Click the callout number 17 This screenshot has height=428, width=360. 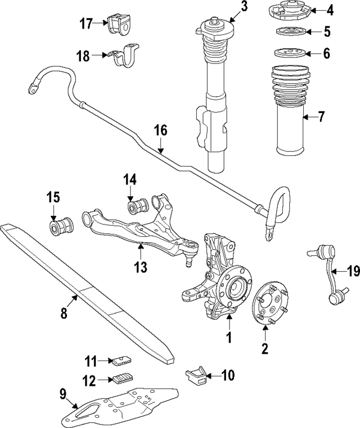pyautogui.click(x=85, y=23)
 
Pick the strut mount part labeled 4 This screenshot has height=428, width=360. pyautogui.click(x=290, y=11)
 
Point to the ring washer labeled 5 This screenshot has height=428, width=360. pyautogui.click(x=290, y=31)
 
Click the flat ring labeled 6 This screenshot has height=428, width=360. pyautogui.click(x=290, y=53)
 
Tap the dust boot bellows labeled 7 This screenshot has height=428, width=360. pyautogui.click(x=291, y=112)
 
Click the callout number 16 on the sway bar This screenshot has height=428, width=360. pyautogui.click(x=160, y=131)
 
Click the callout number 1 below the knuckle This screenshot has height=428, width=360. pyautogui.click(x=228, y=338)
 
